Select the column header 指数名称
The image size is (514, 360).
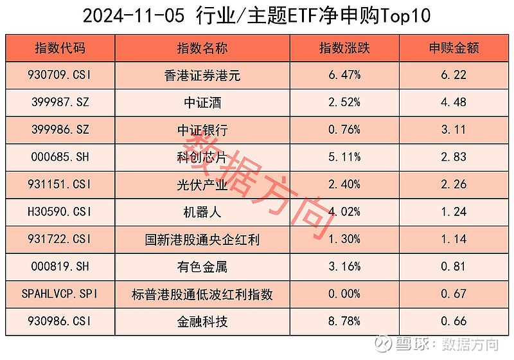pyautogui.click(x=202, y=48)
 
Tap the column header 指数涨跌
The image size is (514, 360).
pyautogui.click(x=344, y=48)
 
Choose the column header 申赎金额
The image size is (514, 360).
pyautogui.click(x=455, y=48)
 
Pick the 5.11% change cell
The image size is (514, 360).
pyautogui.click(x=344, y=157)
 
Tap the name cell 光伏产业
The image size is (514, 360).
pyautogui.click(x=202, y=185)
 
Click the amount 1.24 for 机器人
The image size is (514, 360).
pyautogui.click(x=455, y=212)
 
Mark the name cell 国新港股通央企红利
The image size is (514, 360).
pyautogui.click(x=202, y=240)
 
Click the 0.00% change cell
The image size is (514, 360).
pyautogui.click(x=344, y=294)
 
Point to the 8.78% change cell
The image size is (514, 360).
pyautogui.click(x=344, y=321)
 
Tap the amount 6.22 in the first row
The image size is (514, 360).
pyautogui.click(x=455, y=75)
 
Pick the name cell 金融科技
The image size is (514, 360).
pyautogui.click(x=202, y=321)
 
